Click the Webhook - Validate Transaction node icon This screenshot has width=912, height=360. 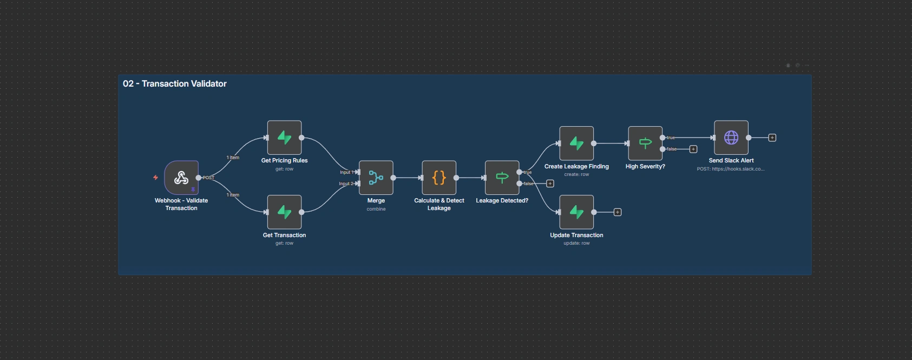click(x=181, y=178)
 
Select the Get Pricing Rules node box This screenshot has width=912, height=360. click(x=284, y=138)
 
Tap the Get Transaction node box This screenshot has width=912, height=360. click(x=284, y=212)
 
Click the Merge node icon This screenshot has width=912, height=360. click(x=376, y=178)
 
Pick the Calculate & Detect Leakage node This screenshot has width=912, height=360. click(x=439, y=178)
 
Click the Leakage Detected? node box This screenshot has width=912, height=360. click(x=502, y=178)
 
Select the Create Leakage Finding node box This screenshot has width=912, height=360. click(x=576, y=143)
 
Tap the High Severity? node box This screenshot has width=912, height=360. click(x=645, y=143)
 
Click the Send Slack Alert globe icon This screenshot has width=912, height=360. click(x=731, y=138)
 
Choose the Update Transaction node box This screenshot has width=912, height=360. click(x=576, y=212)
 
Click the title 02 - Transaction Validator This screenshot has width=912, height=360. click(x=174, y=83)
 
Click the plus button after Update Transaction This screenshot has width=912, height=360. click(x=618, y=212)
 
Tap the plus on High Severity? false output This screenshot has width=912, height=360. click(x=693, y=149)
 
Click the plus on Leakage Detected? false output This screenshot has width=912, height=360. click(x=550, y=184)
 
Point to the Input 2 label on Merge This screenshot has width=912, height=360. click(x=345, y=184)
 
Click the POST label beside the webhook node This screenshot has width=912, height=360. click(x=208, y=178)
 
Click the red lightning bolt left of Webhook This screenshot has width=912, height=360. click(x=155, y=178)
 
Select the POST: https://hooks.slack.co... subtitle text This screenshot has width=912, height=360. click(x=731, y=169)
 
